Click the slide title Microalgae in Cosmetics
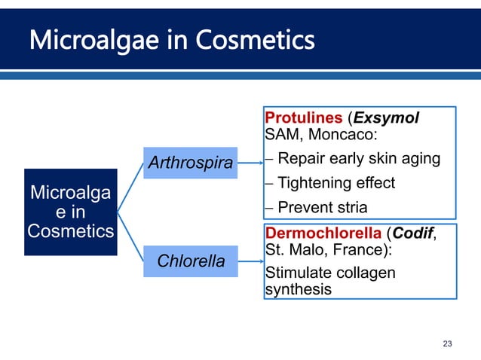pyautogui.click(x=172, y=38)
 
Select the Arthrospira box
pyautogui.click(x=190, y=162)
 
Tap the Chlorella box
pyautogui.click(x=190, y=261)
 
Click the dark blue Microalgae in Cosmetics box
pyautogui.click(x=70, y=212)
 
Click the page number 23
pyautogui.click(x=447, y=343)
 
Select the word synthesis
pyautogui.click(x=298, y=288)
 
